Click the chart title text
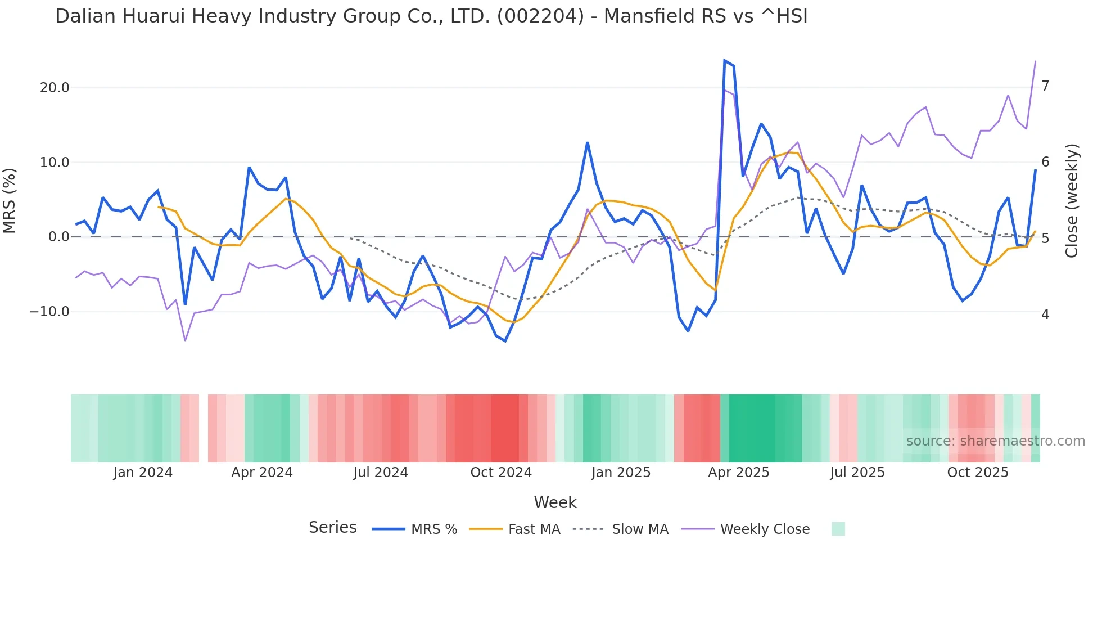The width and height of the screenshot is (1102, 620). pyautogui.click(x=431, y=16)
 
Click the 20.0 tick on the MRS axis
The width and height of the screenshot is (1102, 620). pyautogui.click(x=55, y=88)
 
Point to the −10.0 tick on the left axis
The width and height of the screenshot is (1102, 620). pyautogui.click(x=49, y=312)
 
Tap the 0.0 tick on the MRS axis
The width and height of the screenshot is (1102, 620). pyautogui.click(x=59, y=237)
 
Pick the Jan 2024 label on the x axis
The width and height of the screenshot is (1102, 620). pyautogui.click(x=143, y=473)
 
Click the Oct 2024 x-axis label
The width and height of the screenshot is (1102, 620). pyautogui.click(x=501, y=473)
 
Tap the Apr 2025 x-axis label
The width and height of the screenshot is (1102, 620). pyautogui.click(x=738, y=473)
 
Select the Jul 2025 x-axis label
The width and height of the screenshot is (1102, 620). pyautogui.click(x=857, y=473)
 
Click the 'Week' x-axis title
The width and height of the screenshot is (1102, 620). pyautogui.click(x=555, y=502)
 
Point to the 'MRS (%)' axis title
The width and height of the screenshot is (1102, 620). pyautogui.click(x=10, y=201)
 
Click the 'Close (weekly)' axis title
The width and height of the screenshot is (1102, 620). pyautogui.click(x=1072, y=201)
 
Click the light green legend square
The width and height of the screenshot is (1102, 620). pyautogui.click(x=838, y=529)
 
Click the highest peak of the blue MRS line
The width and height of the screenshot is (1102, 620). pyautogui.click(x=725, y=60)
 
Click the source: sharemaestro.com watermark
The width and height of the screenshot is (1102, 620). pyautogui.click(x=995, y=441)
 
